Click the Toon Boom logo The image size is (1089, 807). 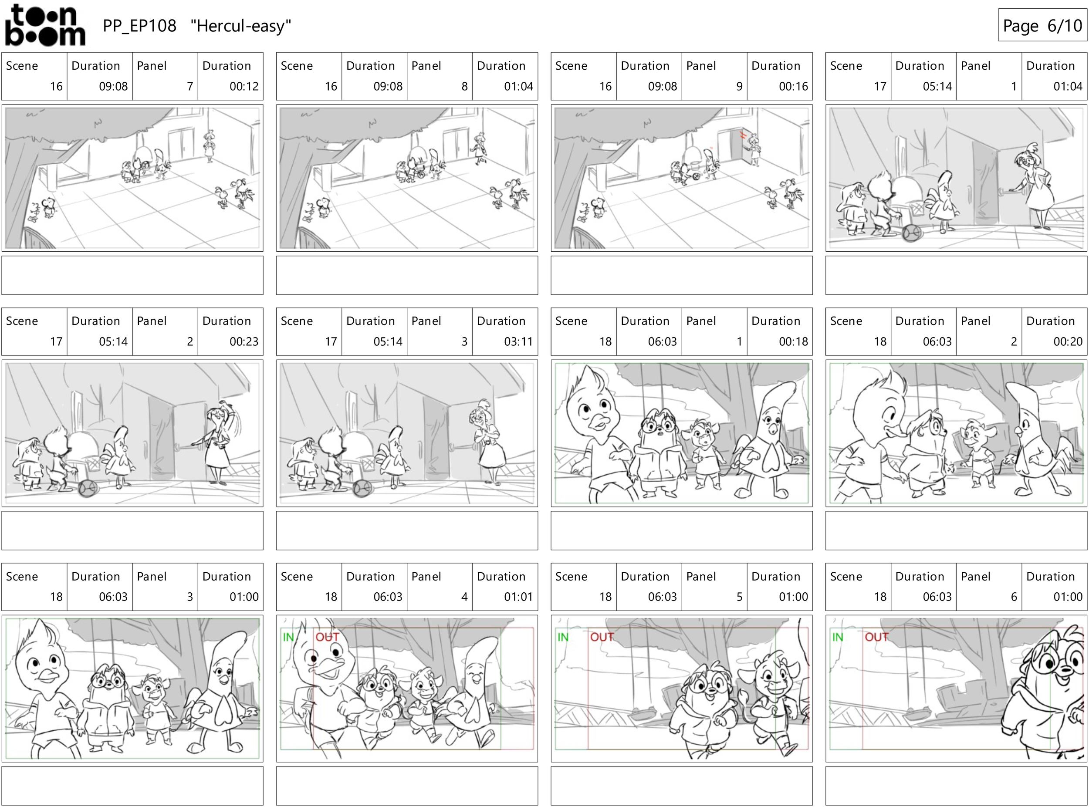[x=45, y=25]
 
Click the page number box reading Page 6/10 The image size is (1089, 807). [x=1042, y=25]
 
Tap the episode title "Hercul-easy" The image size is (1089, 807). [x=241, y=25]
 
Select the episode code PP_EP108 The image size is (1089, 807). [x=139, y=26]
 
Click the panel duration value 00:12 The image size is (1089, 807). [x=244, y=87]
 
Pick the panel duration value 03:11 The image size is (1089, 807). [x=518, y=341]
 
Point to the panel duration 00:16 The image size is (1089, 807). [x=793, y=87]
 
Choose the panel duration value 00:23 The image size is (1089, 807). [x=244, y=341]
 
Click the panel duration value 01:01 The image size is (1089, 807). [x=518, y=597]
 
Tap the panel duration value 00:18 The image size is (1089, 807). [x=793, y=341]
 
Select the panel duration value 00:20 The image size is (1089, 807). [x=1068, y=341]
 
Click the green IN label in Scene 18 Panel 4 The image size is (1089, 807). [x=289, y=637]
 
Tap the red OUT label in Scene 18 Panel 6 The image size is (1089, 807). [x=876, y=637]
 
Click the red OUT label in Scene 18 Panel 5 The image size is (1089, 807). [x=602, y=637]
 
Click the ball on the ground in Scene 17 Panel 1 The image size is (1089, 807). [x=912, y=233]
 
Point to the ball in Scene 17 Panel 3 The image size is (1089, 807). [x=363, y=487]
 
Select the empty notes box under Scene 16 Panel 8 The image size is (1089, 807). [x=407, y=276]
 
